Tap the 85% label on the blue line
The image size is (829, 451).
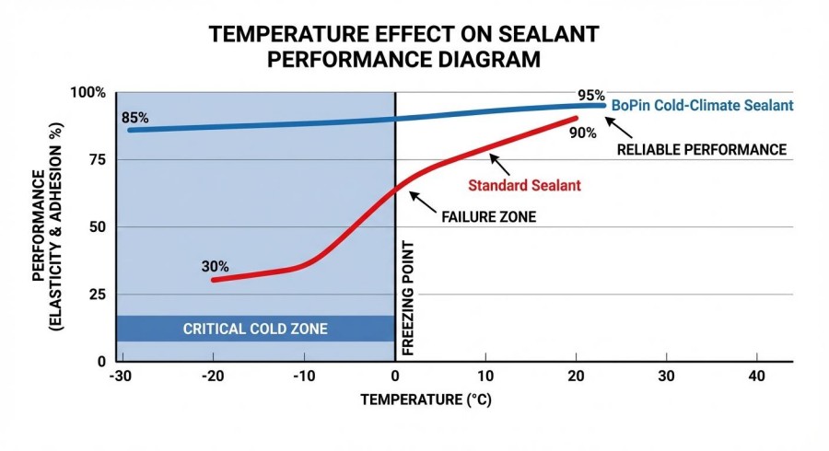tap(134, 118)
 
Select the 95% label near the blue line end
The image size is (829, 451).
tap(590, 95)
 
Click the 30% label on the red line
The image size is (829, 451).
tap(215, 267)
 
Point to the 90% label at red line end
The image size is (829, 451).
tap(582, 133)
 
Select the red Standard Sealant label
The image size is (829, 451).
tap(524, 185)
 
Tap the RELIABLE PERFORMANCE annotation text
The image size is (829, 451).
tap(701, 149)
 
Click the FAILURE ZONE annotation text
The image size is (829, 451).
tap(489, 218)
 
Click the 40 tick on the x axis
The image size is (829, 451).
tap(757, 377)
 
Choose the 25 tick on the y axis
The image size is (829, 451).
tap(97, 295)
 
